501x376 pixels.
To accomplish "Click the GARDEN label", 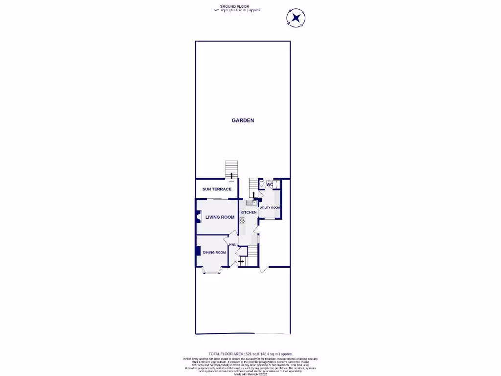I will [x=243, y=120].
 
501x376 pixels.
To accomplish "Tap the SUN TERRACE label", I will [x=217, y=189].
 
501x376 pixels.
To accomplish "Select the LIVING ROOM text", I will [x=220, y=217].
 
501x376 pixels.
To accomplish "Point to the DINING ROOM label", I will [x=214, y=253].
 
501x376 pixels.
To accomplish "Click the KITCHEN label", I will [x=248, y=212].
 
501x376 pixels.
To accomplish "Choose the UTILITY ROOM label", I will [x=270, y=208].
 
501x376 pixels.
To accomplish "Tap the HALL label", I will [x=233, y=245].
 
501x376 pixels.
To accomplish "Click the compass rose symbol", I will [x=296, y=19].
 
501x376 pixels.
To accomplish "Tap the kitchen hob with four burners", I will [x=242, y=221].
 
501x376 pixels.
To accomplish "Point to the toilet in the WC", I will [x=263, y=184].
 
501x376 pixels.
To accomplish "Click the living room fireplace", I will [x=198, y=217].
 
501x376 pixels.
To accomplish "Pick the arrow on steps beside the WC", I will [x=253, y=193].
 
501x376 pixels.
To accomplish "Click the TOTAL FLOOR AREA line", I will [x=250, y=353].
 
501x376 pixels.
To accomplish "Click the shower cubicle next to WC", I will [x=276, y=185].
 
